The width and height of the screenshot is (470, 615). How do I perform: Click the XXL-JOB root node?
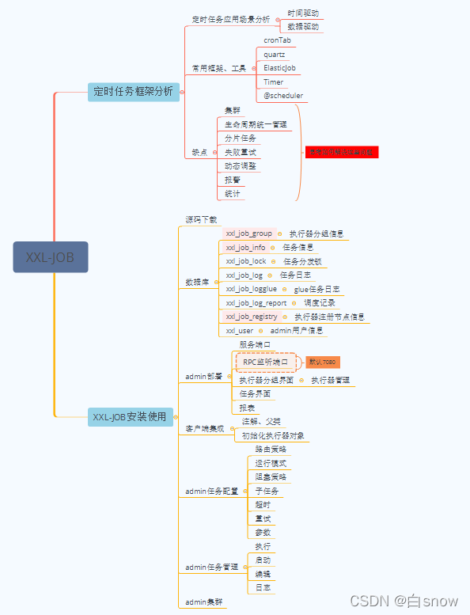(50, 257)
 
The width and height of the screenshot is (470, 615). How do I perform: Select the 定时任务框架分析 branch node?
(133, 91)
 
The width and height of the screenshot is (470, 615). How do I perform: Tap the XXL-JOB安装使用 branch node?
(130, 416)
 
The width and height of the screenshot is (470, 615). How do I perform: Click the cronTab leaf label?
(277, 40)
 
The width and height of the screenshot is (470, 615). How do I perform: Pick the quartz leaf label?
(275, 54)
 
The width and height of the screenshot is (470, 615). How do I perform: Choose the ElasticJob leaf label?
(280, 68)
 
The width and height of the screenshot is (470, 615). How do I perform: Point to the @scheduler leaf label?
(282, 96)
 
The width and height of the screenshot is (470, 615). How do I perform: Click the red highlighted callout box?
(342, 151)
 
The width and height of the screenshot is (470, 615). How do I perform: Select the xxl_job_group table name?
(248, 233)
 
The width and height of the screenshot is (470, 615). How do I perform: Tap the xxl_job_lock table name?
(246, 261)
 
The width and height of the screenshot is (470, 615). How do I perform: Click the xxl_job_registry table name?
(252, 317)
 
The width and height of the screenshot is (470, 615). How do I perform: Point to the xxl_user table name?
(240, 330)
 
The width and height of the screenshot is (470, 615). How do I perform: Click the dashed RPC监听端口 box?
(265, 362)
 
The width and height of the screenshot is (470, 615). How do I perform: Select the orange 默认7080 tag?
(322, 362)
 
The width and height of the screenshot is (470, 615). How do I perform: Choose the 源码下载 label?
(201, 219)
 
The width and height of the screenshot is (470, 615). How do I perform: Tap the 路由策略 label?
(271, 449)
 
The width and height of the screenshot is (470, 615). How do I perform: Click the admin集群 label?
(203, 602)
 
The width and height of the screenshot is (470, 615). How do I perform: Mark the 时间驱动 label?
(303, 13)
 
